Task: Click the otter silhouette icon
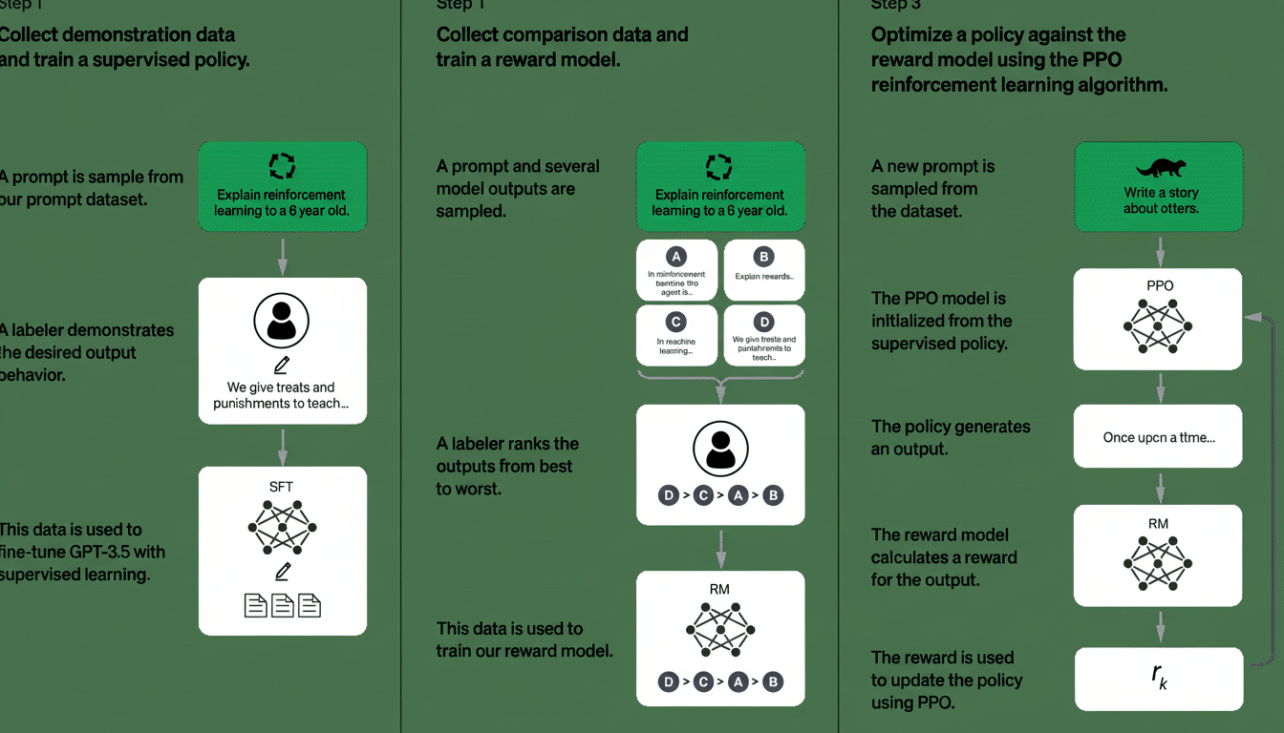click(1160, 169)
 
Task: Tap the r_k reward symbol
click(1159, 679)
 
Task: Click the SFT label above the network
click(282, 487)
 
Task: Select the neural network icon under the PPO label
click(1158, 325)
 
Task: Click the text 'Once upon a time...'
click(1158, 437)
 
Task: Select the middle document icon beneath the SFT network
click(283, 605)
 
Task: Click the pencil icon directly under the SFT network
click(282, 572)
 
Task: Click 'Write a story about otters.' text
click(1160, 200)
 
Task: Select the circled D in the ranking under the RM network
click(668, 681)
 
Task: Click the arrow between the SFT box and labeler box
click(282, 444)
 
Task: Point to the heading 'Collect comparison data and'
click(562, 35)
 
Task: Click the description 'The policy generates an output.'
click(950, 437)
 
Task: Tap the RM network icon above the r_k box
click(1158, 562)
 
